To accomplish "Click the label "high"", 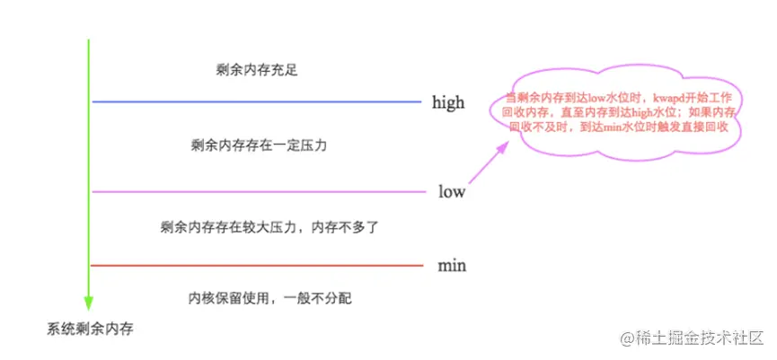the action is [x=447, y=102].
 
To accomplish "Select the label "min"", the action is [x=452, y=266].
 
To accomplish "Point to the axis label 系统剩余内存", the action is [x=90, y=329].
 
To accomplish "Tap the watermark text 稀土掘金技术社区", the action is [x=691, y=338].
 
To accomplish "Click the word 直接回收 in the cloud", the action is [x=703, y=128].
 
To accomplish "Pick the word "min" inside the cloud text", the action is [x=612, y=128].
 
